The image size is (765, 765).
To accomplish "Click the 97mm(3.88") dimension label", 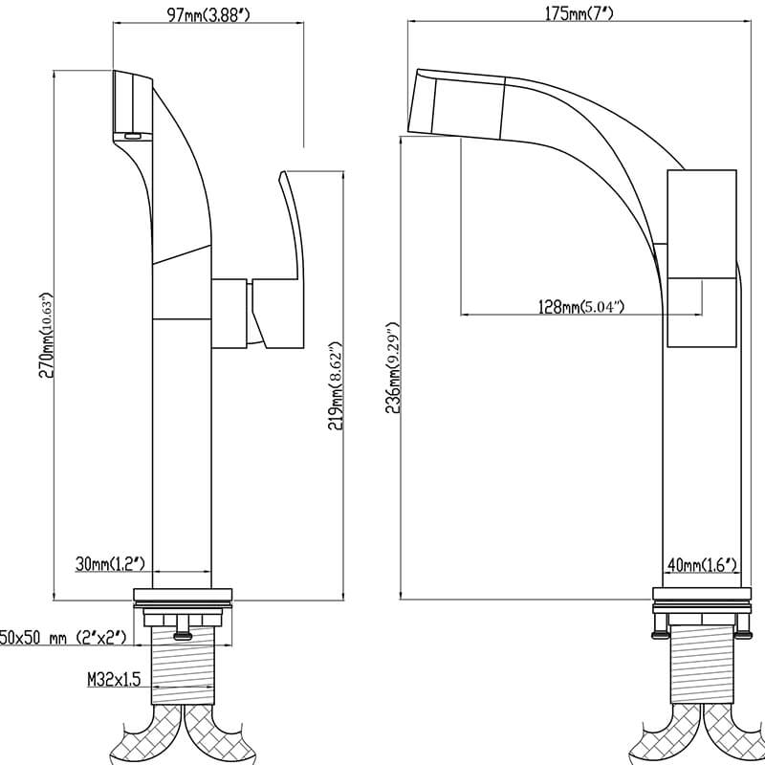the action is click(x=208, y=14).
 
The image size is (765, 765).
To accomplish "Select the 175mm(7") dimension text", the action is click(x=579, y=13).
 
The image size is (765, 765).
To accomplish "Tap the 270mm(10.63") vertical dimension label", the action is click(x=46, y=336).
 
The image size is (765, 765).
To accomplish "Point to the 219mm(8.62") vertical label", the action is click(x=336, y=386).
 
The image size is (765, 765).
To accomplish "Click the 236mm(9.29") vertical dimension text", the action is click(x=393, y=367).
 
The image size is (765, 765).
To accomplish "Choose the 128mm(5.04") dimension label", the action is click(x=581, y=307).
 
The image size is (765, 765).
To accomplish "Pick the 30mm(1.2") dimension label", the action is click(x=110, y=564).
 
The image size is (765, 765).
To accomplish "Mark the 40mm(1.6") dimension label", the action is click(x=702, y=565).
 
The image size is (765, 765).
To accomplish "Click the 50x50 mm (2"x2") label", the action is click(x=63, y=637).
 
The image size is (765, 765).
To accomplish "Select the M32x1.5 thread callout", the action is click(x=114, y=679).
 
